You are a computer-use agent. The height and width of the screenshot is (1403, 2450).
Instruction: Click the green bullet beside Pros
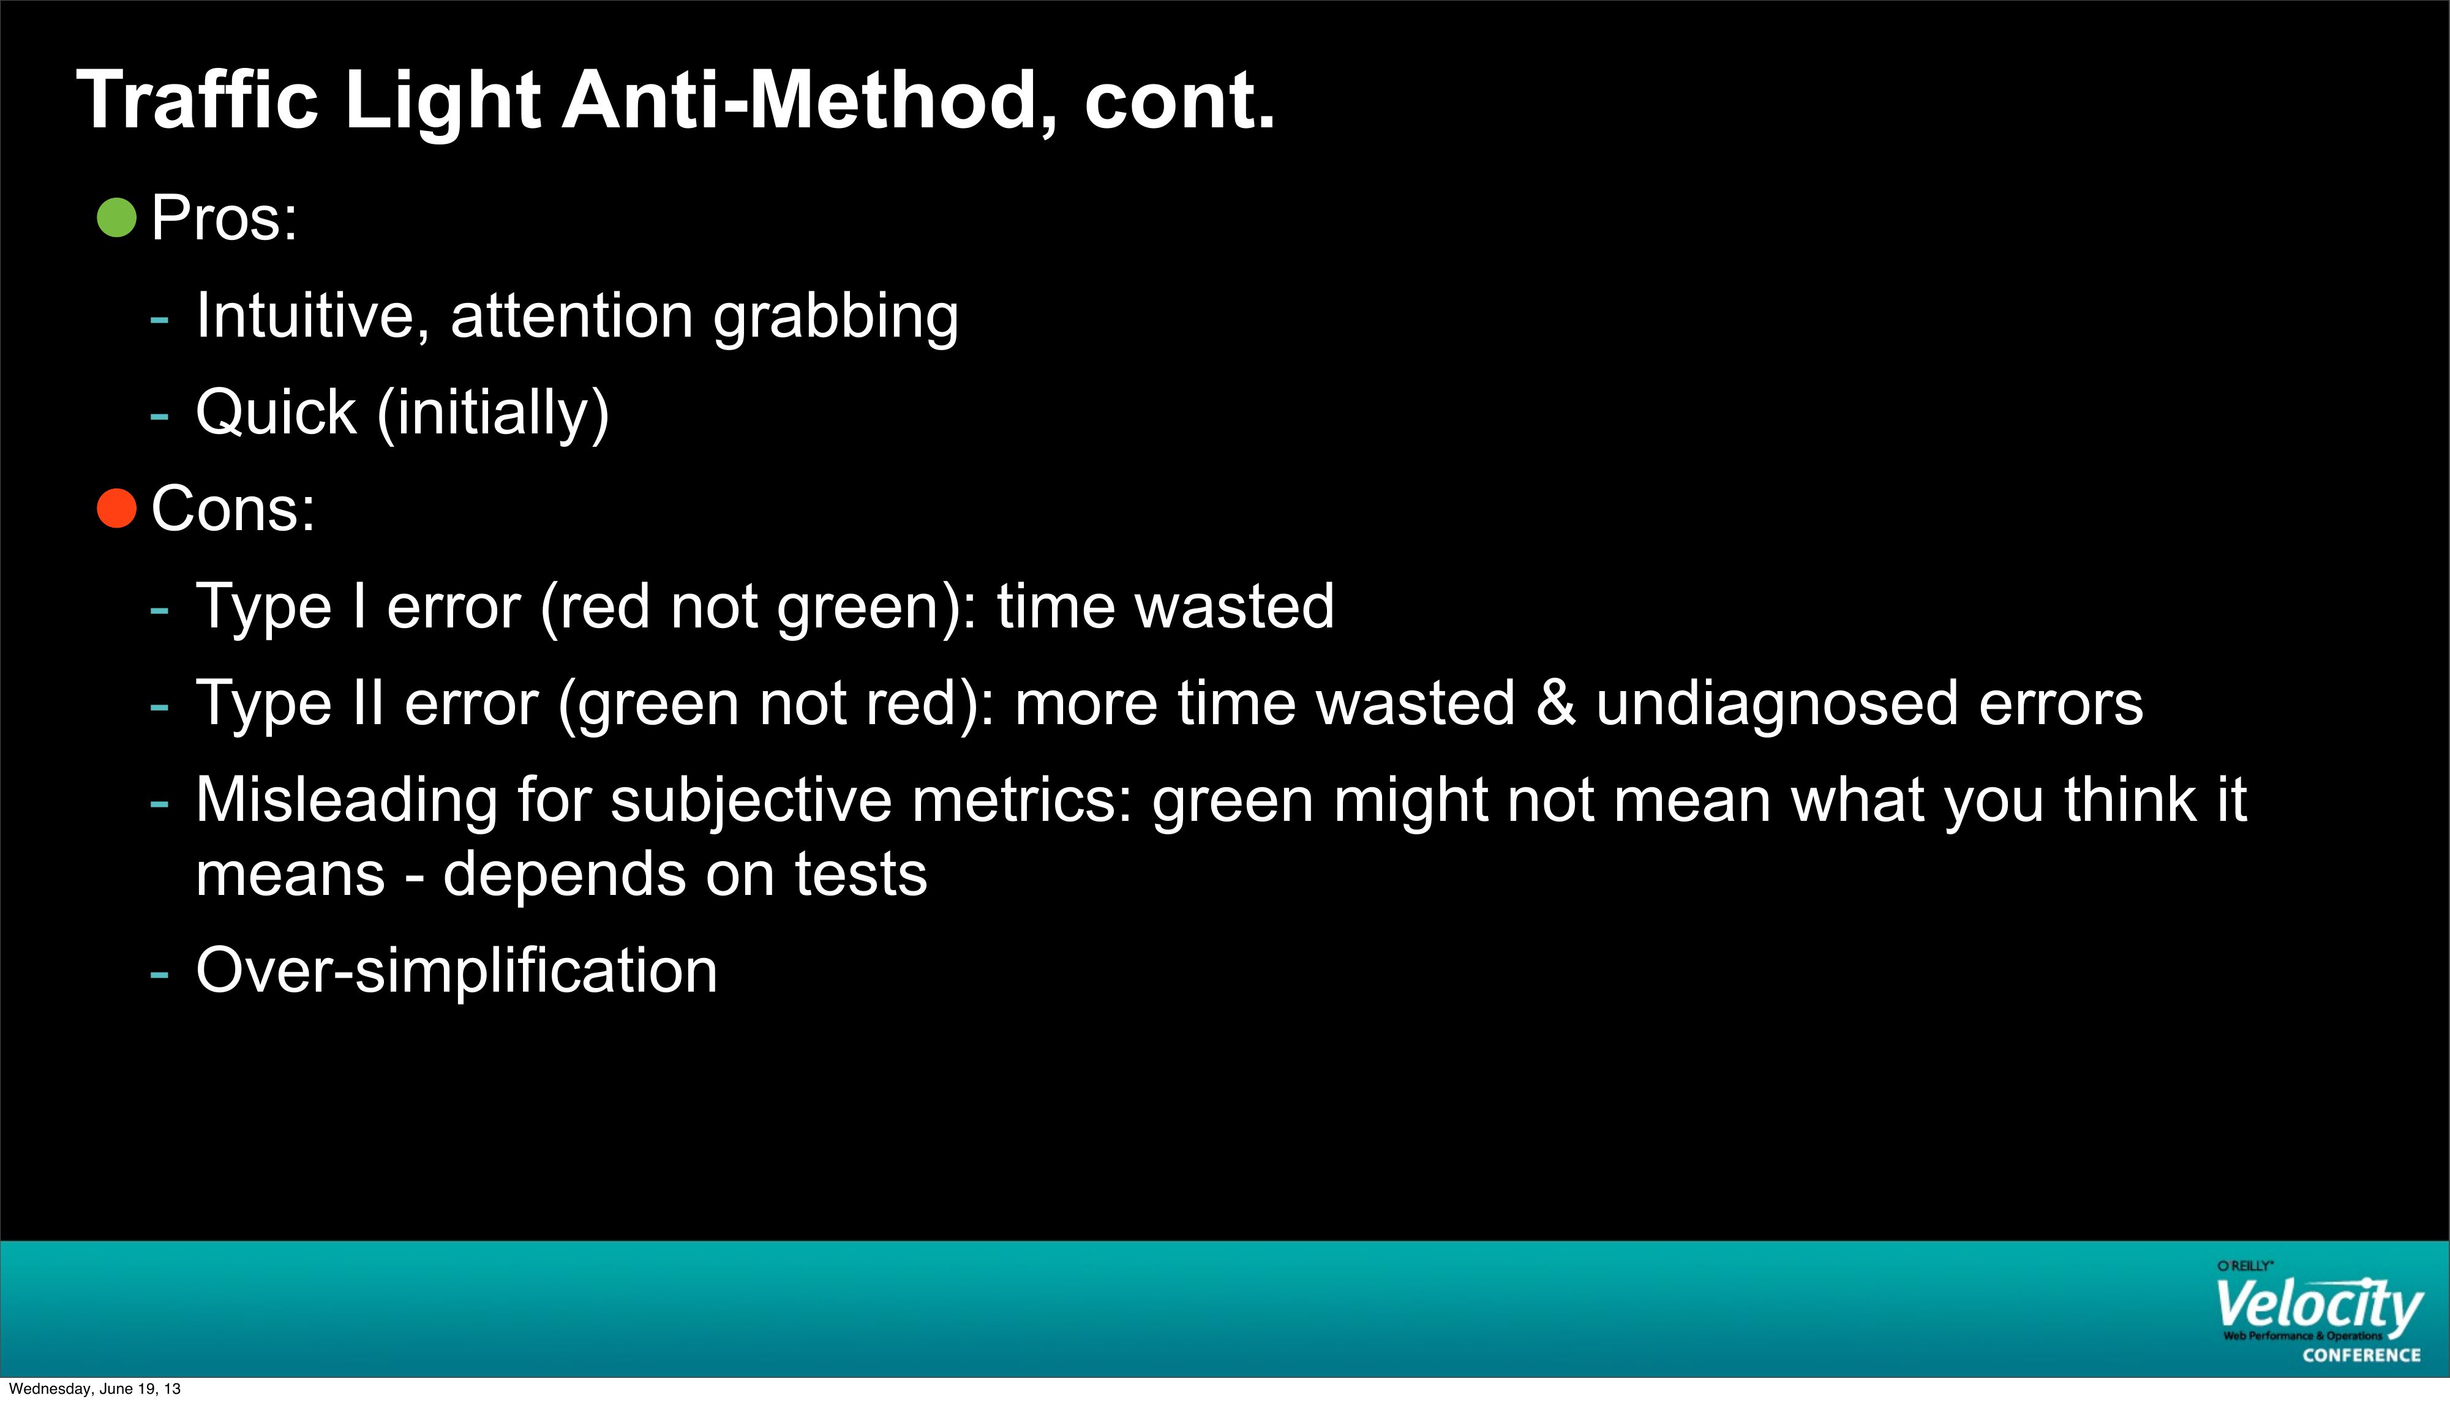116,218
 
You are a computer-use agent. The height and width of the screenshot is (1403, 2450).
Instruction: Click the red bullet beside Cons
116,508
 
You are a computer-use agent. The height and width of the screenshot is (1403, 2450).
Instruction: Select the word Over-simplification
457,970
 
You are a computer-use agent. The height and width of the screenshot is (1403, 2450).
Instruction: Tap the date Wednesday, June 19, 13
94,1388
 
